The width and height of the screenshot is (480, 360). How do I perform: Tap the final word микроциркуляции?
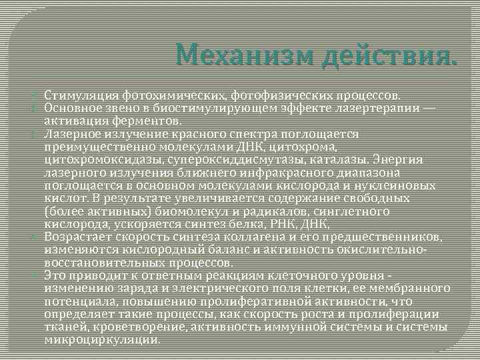tap(101, 339)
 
